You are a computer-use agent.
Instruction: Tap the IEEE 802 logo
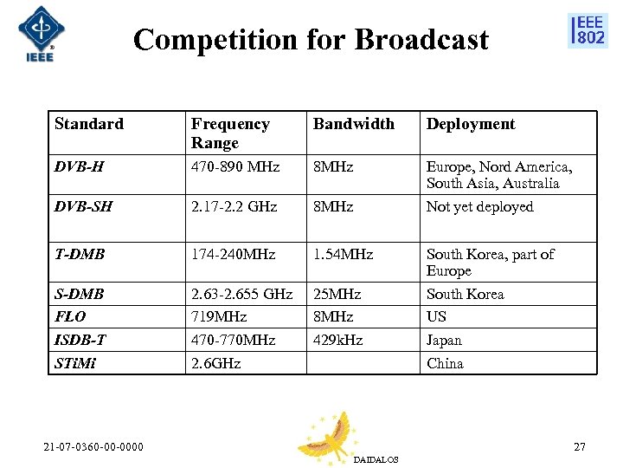click(x=588, y=30)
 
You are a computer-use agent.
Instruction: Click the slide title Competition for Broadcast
click(x=311, y=40)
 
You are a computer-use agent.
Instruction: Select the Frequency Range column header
click(x=230, y=133)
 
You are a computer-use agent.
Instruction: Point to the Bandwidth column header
click(x=353, y=124)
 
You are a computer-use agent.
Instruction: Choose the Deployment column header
click(x=470, y=124)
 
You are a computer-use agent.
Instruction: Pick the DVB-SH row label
click(x=83, y=206)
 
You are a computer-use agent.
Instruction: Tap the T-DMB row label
click(x=80, y=254)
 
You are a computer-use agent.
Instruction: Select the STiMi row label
click(x=75, y=363)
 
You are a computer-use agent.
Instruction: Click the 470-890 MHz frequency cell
click(x=235, y=166)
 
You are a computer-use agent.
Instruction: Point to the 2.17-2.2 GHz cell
click(x=234, y=206)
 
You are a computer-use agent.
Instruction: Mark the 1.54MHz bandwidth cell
click(x=343, y=254)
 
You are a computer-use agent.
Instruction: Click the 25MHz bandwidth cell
click(x=337, y=294)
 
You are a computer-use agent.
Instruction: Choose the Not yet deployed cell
click(x=479, y=206)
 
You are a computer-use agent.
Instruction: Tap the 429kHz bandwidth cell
click(x=338, y=340)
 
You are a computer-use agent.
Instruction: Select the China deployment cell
click(x=445, y=363)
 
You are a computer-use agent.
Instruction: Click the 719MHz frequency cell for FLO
click(x=219, y=316)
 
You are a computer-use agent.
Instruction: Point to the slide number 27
click(x=579, y=446)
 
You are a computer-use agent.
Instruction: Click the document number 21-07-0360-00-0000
click(x=94, y=446)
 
